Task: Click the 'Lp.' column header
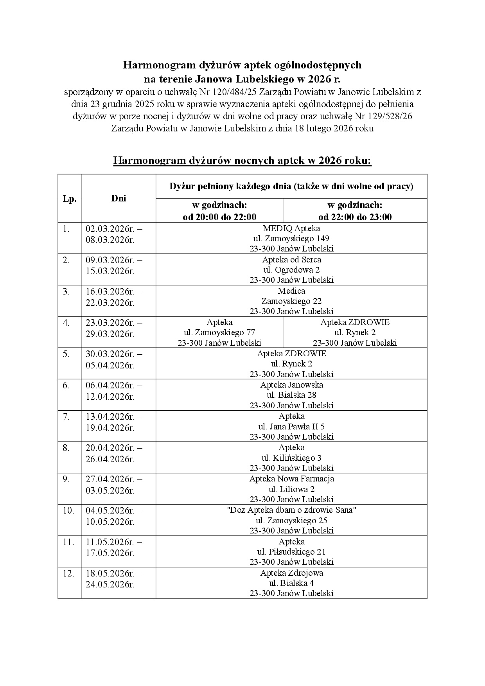click(x=70, y=199)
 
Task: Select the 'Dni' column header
click(x=119, y=198)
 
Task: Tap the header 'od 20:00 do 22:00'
click(x=219, y=217)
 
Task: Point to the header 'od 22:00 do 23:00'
click(x=355, y=217)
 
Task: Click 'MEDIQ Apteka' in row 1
click(x=291, y=228)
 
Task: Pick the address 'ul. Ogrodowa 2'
click(x=291, y=270)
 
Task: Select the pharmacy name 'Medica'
click(x=291, y=291)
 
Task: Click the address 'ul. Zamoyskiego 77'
click(x=219, y=332)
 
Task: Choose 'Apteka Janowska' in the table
click(x=291, y=385)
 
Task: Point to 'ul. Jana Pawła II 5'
click(x=291, y=426)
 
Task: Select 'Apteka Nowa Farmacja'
click(x=291, y=479)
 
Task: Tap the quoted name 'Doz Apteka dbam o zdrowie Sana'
click(x=291, y=510)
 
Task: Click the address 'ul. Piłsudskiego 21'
click(x=291, y=552)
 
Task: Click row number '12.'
click(x=68, y=573)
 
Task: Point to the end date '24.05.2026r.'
click(x=110, y=584)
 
